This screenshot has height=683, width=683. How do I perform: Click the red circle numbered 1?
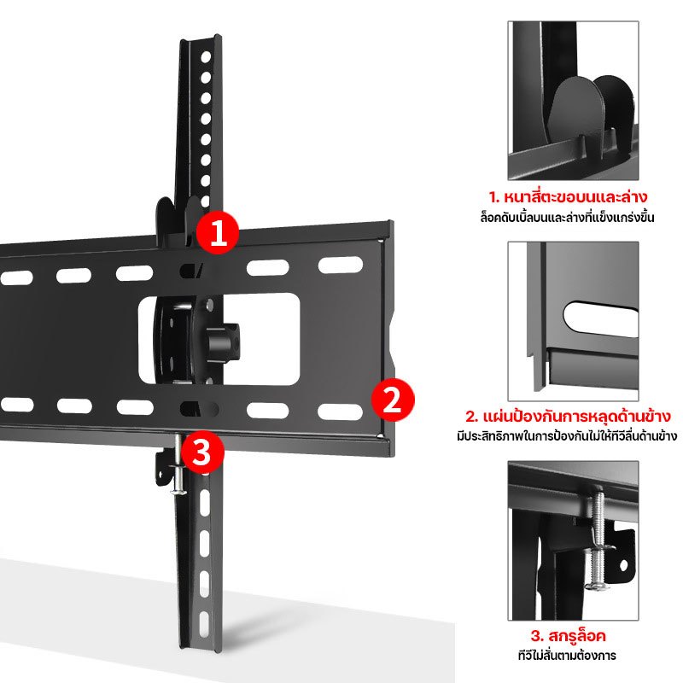click(x=218, y=232)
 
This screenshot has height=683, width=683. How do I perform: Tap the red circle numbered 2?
click(x=393, y=400)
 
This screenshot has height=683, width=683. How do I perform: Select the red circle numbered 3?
click(x=202, y=452)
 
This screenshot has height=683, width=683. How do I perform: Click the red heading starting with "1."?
click(x=568, y=197)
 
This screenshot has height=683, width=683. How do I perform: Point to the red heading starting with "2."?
click(x=568, y=417)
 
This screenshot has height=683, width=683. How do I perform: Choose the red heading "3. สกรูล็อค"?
click(x=568, y=636)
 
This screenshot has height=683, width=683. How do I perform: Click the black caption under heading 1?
click(x=567, y=217)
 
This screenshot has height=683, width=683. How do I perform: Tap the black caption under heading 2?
click(x=567, y=435)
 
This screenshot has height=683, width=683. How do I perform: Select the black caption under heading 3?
click(x=567, y=655)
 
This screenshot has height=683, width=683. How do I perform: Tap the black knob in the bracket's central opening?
click(x=223, y=340)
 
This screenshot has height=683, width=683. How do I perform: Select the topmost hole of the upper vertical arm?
click(x=206, y=56)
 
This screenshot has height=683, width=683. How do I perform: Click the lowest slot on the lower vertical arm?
click(x=204, y=625)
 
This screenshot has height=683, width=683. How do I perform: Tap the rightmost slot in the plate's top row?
click(x=340, y=265)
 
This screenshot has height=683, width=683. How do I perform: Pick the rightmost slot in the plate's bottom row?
click(x=340, y=412)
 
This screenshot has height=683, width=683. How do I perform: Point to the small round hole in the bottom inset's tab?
click(x=623, y=566)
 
